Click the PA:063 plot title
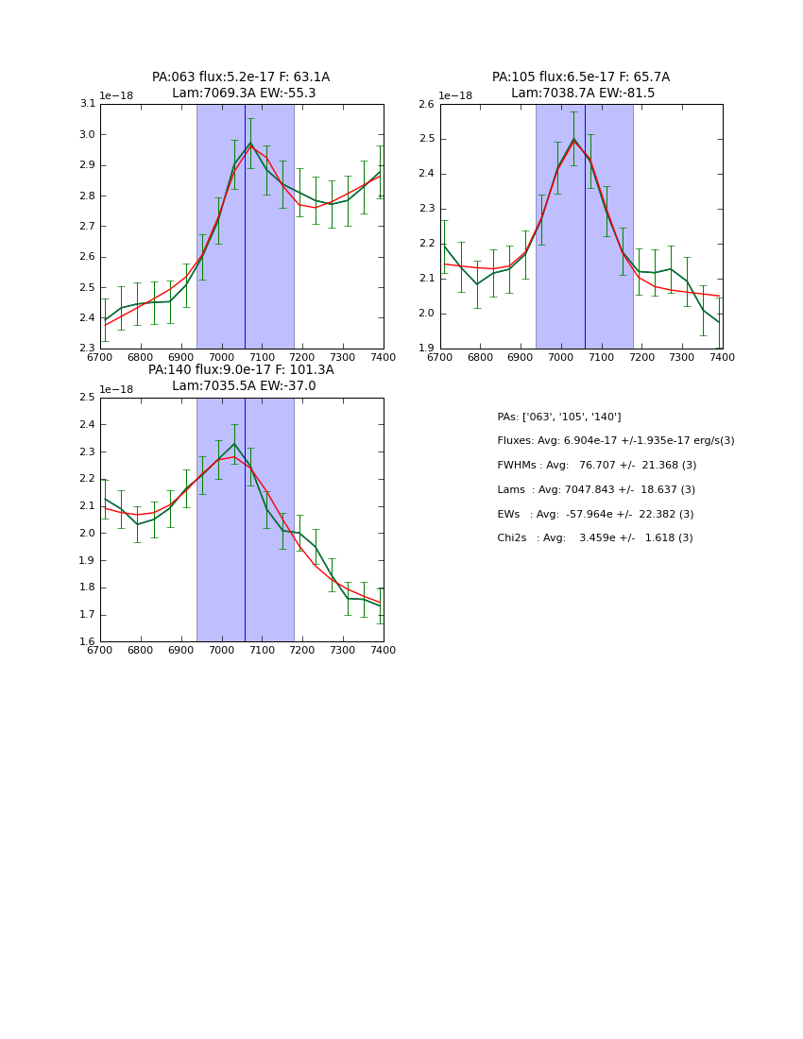tap(241, 85)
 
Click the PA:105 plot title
tap(580, 85)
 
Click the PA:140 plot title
tap(241, 378)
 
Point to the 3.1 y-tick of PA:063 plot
tap(88, 104)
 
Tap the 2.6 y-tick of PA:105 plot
tap(427, 104)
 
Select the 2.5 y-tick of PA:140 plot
tap(88, 398)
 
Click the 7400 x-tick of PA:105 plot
tap(723, 357)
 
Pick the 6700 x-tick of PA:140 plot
tap(100, 650)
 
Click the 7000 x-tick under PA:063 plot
tap(222, 357)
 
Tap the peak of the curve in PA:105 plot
tap(573, 139)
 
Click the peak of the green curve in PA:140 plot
tap(234, 443)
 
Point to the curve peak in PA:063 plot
tap(250, 144)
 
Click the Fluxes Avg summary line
tap(615, 441)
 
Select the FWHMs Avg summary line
tap(596, 465)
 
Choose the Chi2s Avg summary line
tap(594, 537)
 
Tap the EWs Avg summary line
tap(594, 514)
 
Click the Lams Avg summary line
tap(595, 489)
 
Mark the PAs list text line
tap(558, 417)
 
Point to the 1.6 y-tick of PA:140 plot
tap(88, 641)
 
